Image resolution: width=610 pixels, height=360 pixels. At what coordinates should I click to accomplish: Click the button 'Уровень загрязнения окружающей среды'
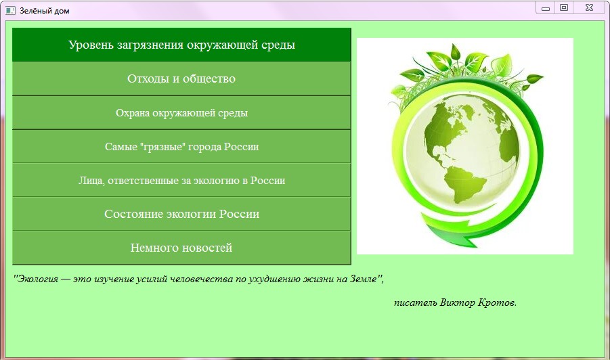[181, 45]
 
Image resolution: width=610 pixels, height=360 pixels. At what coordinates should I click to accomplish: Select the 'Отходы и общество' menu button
[181, 79]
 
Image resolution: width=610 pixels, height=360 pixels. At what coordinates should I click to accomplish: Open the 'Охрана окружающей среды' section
[181, 113]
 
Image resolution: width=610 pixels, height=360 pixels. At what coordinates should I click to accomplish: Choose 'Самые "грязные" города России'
[181, 147]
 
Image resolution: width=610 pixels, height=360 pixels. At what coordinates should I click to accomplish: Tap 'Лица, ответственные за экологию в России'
[181, 181]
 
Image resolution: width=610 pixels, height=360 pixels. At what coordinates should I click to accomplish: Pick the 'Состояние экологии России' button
[181, 214]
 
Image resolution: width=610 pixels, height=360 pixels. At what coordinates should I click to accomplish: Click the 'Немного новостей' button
[181, 248]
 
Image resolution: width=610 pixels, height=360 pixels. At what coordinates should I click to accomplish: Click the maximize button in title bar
[563, 7]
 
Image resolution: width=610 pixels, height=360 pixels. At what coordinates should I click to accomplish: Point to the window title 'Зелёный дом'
[44, 12]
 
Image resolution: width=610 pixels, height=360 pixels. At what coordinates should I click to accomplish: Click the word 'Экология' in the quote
[38, 279]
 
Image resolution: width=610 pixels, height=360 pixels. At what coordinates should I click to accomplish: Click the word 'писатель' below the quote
[415, 302]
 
